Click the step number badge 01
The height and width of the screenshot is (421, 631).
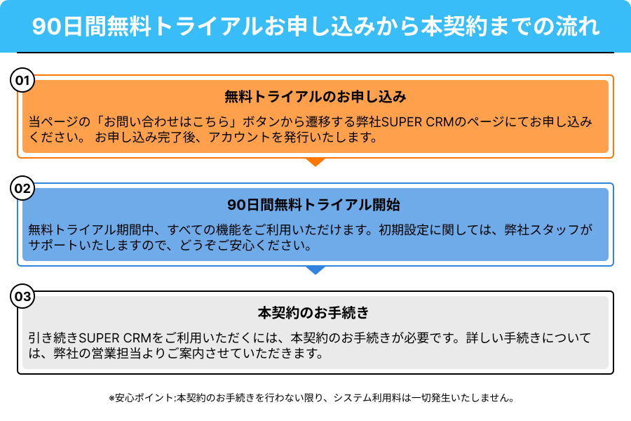[x=22, y=80]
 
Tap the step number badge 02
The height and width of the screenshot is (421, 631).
[x=22, y=188]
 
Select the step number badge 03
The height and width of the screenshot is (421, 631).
[x=22, y=297]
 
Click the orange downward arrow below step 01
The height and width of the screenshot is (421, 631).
[x=315, y=161]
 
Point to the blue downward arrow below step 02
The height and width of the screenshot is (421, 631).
[x=315, y=270]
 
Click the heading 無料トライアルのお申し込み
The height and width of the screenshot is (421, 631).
[x=315, y=97]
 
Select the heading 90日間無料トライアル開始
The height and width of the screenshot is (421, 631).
[x=313, y=205]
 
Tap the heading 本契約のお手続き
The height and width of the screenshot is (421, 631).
[x=313, y=313]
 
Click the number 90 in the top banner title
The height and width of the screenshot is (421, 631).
[x=46, y=27]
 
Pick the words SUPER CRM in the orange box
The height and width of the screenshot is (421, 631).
[x=417, y=121]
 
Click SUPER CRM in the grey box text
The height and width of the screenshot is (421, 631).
[x=115, y=338]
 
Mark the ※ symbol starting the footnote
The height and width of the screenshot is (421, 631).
[x=111, y=398]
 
